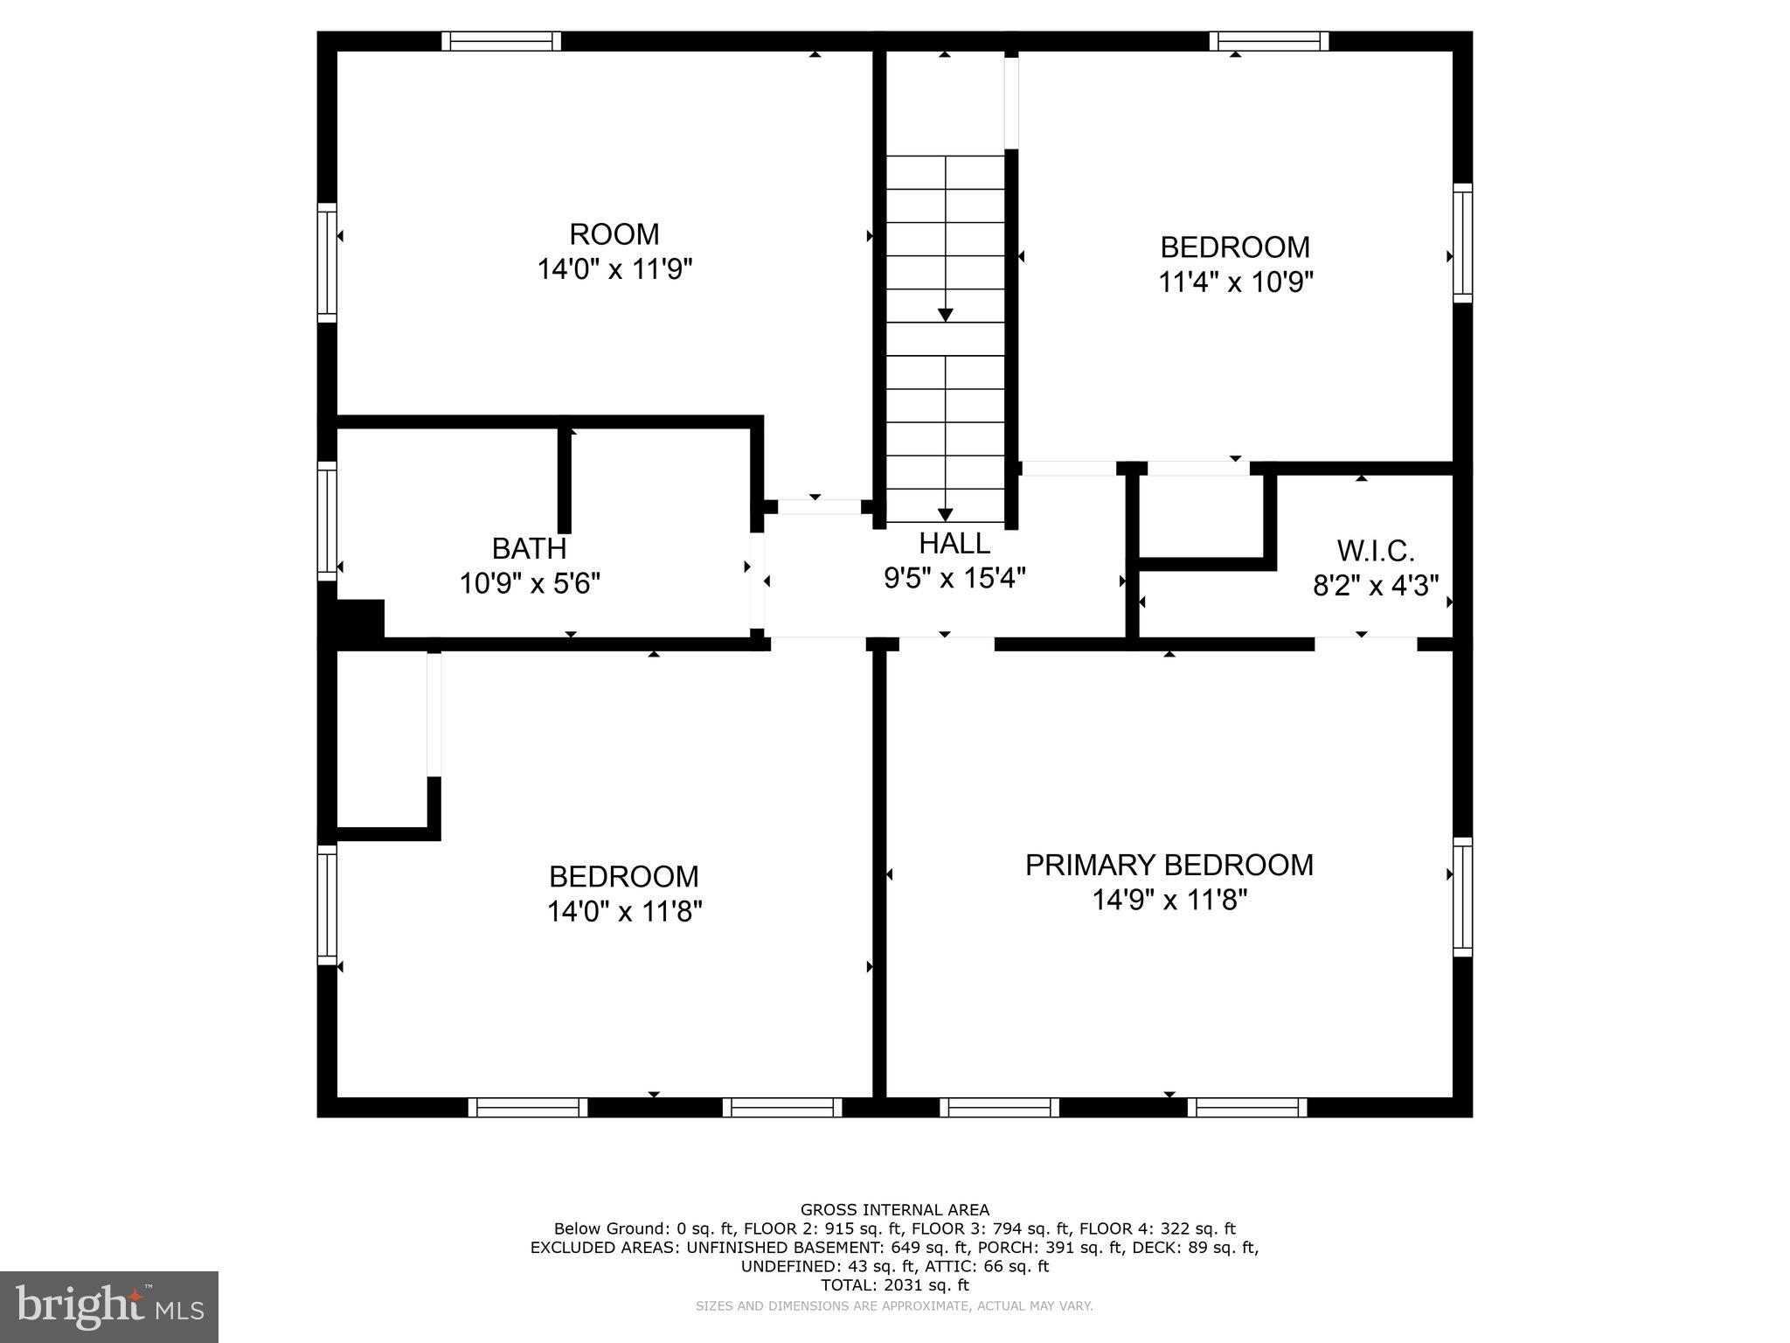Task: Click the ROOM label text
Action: pos(614,234)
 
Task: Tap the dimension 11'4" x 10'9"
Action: pos(1236,282)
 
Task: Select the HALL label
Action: pos(954,544)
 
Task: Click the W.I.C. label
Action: pos(1376,551)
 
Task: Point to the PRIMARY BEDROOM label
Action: pos(1169,865)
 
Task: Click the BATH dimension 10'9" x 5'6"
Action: pos(530,583)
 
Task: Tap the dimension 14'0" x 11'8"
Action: pos(624,912)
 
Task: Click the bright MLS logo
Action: pos(108,1306)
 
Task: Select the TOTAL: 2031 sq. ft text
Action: pos(894,1285)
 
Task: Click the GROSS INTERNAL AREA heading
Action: pos(894,1210)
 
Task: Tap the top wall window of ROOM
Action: pos(501,41)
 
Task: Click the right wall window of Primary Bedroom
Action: pos(1462,897)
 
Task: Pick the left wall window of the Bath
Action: pos(327,520)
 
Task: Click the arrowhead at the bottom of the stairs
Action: pos(945,515)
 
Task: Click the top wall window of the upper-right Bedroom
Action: pos(1269,41)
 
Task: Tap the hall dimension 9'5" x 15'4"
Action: pos(954,578)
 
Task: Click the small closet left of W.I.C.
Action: pos(1202,516)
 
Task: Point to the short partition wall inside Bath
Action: pos(565,481)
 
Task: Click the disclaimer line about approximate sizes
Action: pos(894,1306)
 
